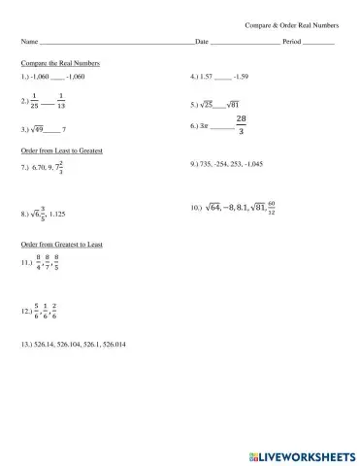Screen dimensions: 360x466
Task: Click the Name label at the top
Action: [28, 43]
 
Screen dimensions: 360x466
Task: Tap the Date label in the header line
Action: [202, 43]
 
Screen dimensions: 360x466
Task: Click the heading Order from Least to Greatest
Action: [61, 151]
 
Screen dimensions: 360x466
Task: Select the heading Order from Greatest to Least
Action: [61, 245]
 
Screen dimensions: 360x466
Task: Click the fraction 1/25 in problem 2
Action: [34, 101]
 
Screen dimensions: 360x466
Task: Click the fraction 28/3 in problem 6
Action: [241, 125]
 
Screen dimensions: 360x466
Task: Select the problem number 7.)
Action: [25, 167]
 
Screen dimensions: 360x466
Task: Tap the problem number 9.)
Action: [196, 165]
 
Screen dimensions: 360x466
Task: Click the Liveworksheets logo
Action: [297, 454]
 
